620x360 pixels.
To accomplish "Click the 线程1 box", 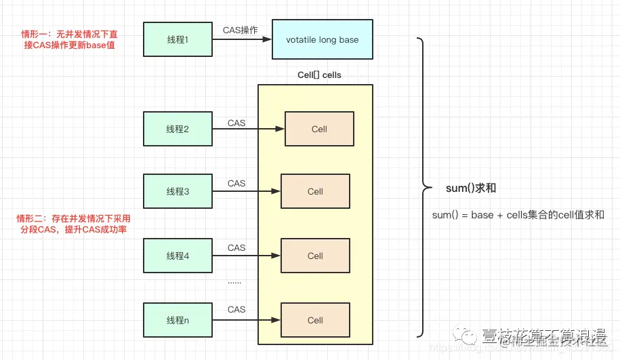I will click(178, 39).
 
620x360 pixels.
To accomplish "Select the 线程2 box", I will click(178, 129).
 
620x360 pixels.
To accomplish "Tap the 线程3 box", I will click(178, 191).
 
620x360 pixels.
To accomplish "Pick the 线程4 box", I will click(178, 256).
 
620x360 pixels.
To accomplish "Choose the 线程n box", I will click(178, 320).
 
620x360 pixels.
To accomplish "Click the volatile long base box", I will click(322, 39).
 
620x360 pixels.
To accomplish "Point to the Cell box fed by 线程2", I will click(319, 129).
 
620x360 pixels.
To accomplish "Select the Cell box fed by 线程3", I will click(315, 191).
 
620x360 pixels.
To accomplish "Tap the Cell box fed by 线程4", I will click(315, 256).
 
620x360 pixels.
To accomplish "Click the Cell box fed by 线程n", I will click(315, 320).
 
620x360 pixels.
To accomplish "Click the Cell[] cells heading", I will click(319, 75).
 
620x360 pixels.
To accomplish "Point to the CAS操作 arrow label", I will click(241, 30).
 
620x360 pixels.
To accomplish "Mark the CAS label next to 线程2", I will click(236, 123).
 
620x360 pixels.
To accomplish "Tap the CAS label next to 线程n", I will click(236, 309).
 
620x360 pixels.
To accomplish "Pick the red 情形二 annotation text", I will click(73, 224).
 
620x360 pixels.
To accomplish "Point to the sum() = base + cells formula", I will click(518, 215).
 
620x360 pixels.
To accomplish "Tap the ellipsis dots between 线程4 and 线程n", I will click(234, 281).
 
